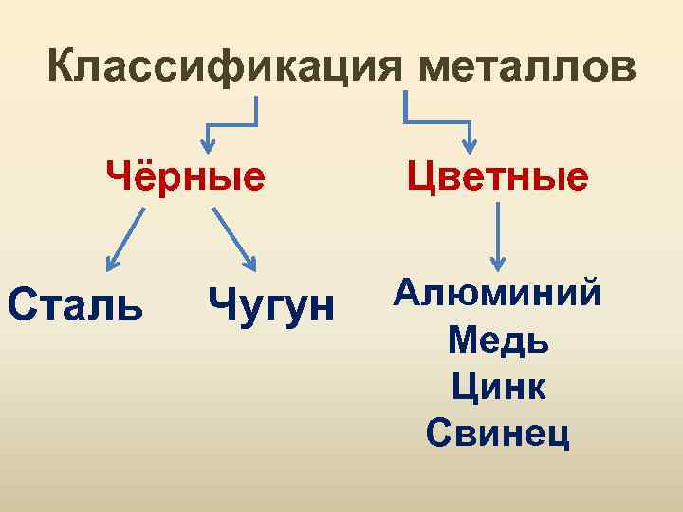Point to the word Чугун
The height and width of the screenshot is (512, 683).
(x=271, y=305)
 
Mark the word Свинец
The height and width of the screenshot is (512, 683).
(x=498, y=432)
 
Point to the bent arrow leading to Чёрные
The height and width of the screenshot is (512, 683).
(x=233, y=119)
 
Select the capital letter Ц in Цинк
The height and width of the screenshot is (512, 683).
(x=466, y=386)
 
